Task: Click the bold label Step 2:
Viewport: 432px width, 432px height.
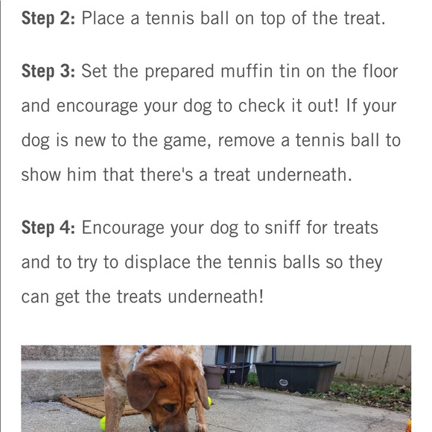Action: [48, 18]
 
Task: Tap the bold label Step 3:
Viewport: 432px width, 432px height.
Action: [48, 72]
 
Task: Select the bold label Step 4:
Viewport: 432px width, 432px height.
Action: [48, 228]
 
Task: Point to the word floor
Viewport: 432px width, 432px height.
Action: [377, 72]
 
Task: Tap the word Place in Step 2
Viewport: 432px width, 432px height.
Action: [103, 18]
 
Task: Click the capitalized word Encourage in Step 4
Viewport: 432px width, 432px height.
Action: [127, 228]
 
